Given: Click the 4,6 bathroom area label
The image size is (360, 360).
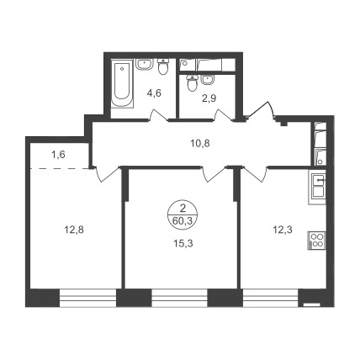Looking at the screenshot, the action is click(154, 93).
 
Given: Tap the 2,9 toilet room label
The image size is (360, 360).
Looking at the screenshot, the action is click(209, 98).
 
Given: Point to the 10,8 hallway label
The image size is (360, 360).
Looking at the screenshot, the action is click(200, 144).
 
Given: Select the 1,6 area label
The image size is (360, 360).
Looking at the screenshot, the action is click(58, 155).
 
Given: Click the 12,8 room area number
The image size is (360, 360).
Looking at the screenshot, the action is click(74, 230).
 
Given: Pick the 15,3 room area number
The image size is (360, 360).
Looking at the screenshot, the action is click(183, 244).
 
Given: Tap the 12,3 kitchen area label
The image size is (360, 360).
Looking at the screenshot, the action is click(283, 230).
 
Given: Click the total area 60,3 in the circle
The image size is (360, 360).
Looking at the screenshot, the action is click(183, 221).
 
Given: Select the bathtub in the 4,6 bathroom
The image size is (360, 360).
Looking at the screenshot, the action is click(122, 83).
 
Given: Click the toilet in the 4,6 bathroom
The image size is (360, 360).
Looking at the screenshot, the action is click(162, 66).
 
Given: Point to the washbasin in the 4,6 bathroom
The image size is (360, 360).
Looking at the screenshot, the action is click(145, 64).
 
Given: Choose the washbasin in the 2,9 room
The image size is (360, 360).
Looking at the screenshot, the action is click(208, 80).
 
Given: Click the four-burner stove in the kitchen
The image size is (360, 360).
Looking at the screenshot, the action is click(317, 241).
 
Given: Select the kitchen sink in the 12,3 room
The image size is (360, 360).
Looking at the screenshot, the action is click(317, 188).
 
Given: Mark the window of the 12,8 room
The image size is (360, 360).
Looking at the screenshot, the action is click(87, 298).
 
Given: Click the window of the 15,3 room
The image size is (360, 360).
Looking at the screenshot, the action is click(179, 298).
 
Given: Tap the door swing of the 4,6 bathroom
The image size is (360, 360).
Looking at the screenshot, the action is click(158, 115).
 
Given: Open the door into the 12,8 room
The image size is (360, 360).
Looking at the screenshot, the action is click(107, 174).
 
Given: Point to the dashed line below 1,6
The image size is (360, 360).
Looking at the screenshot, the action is click(59, 168).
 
